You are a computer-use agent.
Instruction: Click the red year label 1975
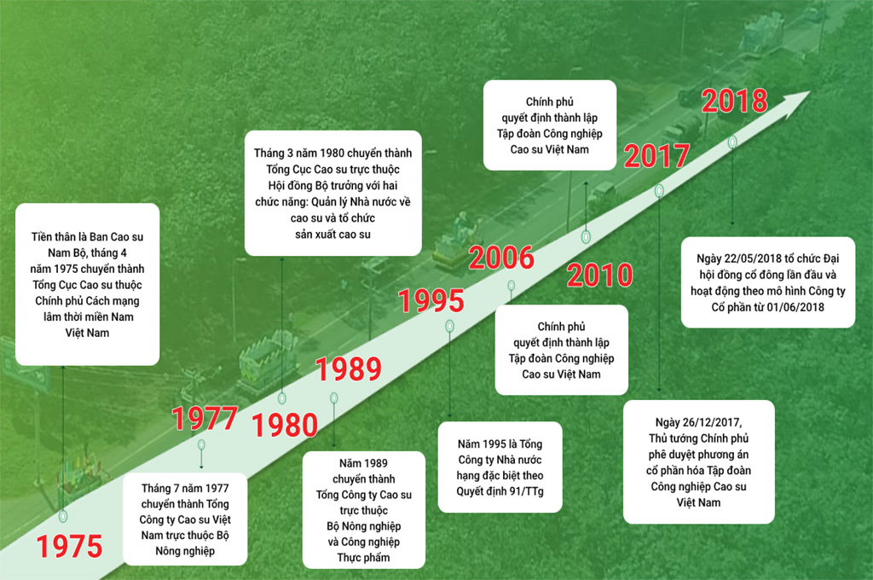click(x=70, y=546)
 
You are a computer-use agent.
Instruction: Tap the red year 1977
click(x=205, y=418)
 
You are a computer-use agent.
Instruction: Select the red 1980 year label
click(x=285, y=425)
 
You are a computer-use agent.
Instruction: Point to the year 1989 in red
click(x=349, y=368)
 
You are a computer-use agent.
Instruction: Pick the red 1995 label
click(x=431, y=301)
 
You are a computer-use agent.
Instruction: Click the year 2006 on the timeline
click(x=501, y=258)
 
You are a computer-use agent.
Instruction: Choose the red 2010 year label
click(x=599, y=275)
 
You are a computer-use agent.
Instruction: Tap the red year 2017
click(x=656, y=156)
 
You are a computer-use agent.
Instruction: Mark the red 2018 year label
click(x=734, y=101)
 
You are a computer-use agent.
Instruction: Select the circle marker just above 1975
click(x=63, y=516)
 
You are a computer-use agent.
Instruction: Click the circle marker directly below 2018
click(x=732, y=142)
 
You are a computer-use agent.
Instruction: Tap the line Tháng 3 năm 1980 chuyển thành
click(x=333, y=154)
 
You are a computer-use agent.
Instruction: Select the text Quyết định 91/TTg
click(x=500, y=491)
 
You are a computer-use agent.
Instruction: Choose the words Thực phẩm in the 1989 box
click(x=363, y=558)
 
